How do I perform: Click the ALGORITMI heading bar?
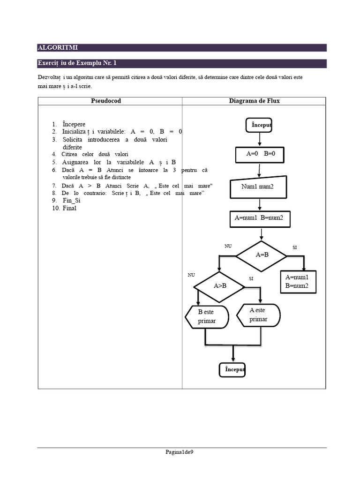[x=182, y=47]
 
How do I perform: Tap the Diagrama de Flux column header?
[x=254, y=101]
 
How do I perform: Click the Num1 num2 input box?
[x=257, y=187]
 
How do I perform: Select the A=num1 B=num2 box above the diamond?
[x=259, y=218]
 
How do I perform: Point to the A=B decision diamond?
[x=262, y=255]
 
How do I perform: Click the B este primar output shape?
[x=207, y=317]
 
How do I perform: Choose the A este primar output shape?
[x=258, y=315]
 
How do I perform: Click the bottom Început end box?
[x=232, y=370]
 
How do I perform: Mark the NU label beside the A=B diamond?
[x=228, y=246]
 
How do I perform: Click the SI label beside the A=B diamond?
[x=294, y=247]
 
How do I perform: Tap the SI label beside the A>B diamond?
[x=251, y=278]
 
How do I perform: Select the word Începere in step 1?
[x=74, y=124]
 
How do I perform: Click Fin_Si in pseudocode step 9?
[x=72, y=200]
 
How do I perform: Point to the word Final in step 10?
[x=69, y=208]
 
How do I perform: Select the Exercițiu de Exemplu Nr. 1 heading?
[x=81, y=63]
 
